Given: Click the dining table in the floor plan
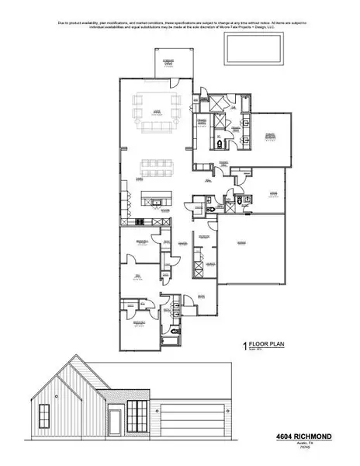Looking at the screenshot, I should (x=156, y=168).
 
